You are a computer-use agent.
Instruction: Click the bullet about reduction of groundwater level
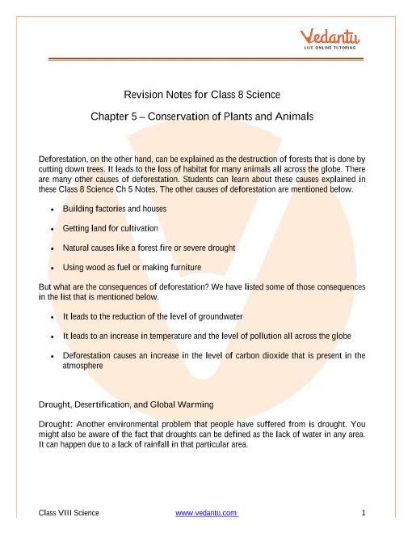tap(153, 316)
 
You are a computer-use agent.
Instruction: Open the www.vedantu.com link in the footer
tap(206, 514)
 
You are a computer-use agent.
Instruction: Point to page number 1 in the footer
tap(365, 514)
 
